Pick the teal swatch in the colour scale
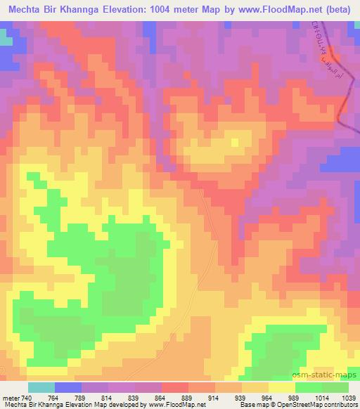point(41,387)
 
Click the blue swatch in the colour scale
point(67,387)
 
